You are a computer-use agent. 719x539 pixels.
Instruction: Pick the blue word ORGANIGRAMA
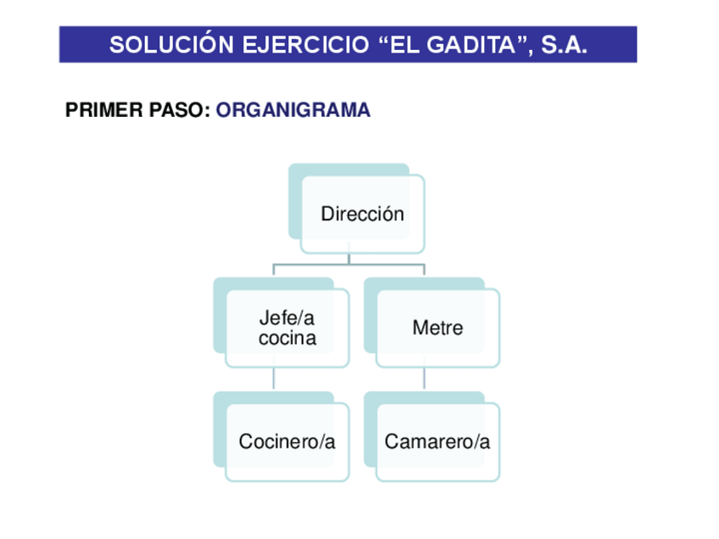coord(293,111)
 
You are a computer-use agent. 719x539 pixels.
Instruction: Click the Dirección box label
coord(362,214)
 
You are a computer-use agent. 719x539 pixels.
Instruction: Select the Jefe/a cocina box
coord(287,328)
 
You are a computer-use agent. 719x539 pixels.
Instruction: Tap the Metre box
coord(438,328)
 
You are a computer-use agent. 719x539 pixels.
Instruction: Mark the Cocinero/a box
coord(287,442)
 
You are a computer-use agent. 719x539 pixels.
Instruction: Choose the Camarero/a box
coord(438,442)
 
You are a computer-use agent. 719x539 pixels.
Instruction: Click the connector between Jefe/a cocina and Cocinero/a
coord(274,379)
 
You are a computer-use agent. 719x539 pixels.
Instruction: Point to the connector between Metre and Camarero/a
coord(425,379)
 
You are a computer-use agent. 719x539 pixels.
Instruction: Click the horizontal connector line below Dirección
coord(348,265)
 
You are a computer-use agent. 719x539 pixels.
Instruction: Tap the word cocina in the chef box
coord(287,338)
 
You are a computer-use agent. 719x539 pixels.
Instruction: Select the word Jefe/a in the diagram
coord(287,319)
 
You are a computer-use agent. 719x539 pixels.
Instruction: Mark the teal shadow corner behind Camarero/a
coord(370,399)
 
